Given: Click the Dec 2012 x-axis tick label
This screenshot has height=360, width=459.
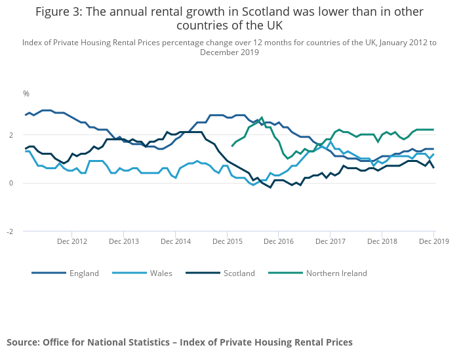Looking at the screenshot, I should coord(71,242).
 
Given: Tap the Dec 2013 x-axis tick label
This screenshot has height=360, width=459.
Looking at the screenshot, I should coord(123,242).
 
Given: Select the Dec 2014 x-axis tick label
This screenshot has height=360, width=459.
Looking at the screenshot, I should coord(175,242).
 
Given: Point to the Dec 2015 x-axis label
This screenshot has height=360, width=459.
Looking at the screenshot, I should coord(227,242).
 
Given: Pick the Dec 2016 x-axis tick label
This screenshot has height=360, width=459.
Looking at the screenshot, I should coord(279,242).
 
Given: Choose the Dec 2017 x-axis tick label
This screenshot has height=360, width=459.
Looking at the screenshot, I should coord(330,242).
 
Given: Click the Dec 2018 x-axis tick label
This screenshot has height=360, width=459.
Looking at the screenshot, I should coord(382,242).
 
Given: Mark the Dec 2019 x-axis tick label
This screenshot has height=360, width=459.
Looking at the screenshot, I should coord(433,242).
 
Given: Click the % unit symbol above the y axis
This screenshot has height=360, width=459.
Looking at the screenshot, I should coord(26,94).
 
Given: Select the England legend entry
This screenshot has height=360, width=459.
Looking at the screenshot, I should coord(84,273).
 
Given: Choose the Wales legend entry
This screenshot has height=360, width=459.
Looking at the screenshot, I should coord(161,273).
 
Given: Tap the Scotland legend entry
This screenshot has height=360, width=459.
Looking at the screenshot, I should coord(239,273).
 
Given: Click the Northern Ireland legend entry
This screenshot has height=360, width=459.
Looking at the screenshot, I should coord(336,273).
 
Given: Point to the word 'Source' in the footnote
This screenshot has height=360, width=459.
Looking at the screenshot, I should coord(23,342).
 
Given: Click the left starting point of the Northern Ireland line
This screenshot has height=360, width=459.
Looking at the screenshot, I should coord(233,146).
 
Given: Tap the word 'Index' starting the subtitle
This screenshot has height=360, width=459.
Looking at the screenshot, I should coord(33,43).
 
